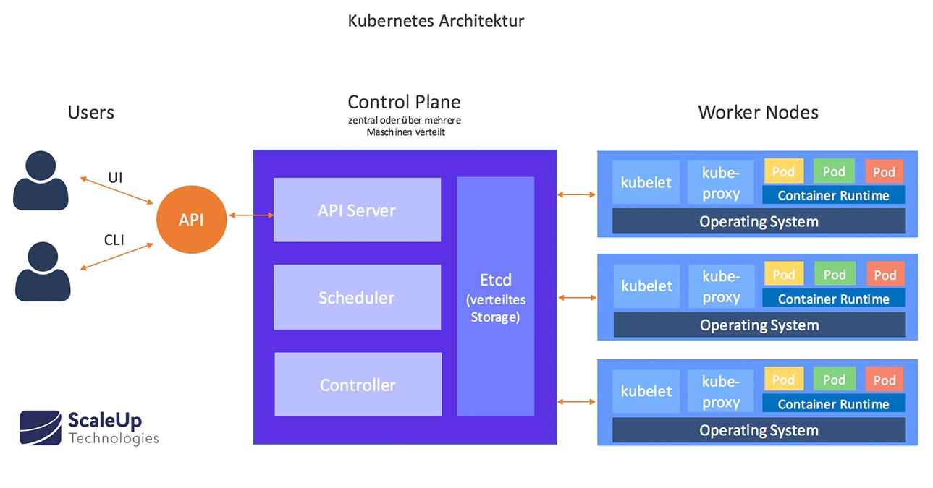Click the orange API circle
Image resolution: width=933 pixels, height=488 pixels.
tap(191, 219)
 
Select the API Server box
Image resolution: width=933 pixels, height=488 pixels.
tap(357, 210)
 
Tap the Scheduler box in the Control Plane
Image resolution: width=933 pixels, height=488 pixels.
tap(357, 297)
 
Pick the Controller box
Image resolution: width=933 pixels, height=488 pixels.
tap(358, 385)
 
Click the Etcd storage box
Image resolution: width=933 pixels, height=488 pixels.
tap(496, 296)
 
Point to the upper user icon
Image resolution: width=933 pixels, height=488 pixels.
tap(41, 181)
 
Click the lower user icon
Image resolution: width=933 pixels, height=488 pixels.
tap(41, 272)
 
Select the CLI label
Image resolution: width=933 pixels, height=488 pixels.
tap(114, 240)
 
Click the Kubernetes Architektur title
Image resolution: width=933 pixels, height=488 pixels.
tap(436, 21)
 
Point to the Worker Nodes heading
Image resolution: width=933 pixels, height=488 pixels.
tap(758, 112)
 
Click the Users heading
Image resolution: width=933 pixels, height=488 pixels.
tap(91, 112)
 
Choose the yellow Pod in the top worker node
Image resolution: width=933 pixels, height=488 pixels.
tap(783, 171)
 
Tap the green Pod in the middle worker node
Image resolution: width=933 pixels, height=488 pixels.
tap(835, 275)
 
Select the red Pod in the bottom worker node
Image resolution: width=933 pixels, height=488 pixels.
tap(885, 380)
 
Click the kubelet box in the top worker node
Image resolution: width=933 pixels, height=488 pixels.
tap(646, 182)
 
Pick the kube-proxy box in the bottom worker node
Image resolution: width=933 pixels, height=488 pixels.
tap(721, 391)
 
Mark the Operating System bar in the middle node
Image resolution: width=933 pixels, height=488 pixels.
tap(759, 325)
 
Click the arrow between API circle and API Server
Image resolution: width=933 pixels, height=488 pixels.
tap(250, 215)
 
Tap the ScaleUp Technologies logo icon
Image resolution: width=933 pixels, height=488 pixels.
tap(40, 427)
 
